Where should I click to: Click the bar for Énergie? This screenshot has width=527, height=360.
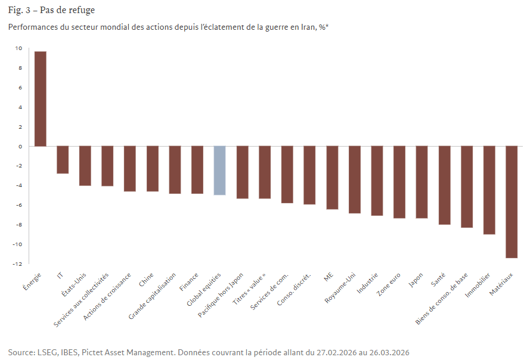[x=41, y=99]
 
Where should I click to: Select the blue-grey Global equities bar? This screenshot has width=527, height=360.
[x=219, y=170]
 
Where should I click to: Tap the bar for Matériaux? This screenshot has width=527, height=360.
[x=511, y=202]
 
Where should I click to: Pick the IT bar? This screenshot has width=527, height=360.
[x=63, y=160]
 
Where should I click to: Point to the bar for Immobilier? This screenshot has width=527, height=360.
[x=489, y=190]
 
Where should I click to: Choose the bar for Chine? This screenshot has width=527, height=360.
[x=153, y=169]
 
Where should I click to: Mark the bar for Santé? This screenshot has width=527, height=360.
[x=444, y=185]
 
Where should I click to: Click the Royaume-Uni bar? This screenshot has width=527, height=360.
[x=355, y=179]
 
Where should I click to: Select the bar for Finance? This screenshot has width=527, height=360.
[x=197, y=170]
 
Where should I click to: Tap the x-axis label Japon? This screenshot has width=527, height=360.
[x=416, y=281]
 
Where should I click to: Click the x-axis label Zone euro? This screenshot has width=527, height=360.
[x=389, y=284]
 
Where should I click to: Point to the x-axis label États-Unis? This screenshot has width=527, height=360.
[x=75, y=284]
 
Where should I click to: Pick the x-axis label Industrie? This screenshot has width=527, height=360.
[x=367, y=283]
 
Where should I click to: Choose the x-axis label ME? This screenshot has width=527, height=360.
[x=328, y=277]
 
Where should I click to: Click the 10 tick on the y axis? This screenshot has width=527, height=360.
[x=18, y=48]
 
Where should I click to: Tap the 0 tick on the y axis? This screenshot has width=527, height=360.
[x=20, y=146]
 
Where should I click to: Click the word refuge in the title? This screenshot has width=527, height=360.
[x=82, y=10]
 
